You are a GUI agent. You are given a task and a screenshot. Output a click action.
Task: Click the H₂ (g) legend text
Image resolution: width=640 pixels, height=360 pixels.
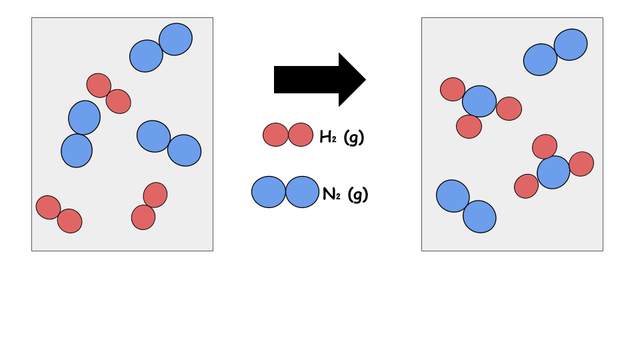click(342, 137)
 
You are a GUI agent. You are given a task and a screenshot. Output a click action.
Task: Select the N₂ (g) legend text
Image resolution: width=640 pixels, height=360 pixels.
click(345, 194)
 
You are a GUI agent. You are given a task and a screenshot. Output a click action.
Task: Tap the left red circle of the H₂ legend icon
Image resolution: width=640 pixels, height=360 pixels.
click(275, 135)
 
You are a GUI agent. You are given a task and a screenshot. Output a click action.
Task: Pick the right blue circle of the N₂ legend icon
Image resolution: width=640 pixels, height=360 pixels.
click(303, 192)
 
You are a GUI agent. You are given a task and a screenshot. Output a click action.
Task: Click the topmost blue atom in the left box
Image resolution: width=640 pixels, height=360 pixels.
click(176, 39)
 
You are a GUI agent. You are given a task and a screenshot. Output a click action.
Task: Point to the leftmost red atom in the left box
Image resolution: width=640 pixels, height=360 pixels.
click(48, 207)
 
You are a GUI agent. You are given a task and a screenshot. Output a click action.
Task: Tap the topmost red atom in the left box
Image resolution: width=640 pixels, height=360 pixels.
click(99, 85)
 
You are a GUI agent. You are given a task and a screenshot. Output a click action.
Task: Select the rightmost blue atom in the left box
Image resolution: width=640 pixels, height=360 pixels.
click(184, 150)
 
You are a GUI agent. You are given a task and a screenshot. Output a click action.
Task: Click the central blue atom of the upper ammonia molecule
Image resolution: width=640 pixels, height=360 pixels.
click(479, 101)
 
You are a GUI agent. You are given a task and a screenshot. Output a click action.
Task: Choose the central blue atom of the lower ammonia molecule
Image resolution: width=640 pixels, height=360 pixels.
click(553, 172)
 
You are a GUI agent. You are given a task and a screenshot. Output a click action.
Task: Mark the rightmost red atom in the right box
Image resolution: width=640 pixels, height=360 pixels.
click(581, 164)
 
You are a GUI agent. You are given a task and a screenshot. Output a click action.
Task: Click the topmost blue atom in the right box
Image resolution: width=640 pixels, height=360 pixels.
click(571, 44)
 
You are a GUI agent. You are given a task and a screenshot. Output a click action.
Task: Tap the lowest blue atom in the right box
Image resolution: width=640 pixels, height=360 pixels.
click(479, 217)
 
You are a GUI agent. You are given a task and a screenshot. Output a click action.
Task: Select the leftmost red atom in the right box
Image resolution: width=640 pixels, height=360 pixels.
click(453, 89)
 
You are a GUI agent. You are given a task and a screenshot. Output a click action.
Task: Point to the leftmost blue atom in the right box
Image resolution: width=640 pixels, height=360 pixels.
click(453, 196)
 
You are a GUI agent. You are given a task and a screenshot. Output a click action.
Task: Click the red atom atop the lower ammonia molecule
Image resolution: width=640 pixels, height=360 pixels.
click(545, 147)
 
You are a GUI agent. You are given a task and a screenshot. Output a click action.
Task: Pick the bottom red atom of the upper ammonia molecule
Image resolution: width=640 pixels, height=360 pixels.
click(469, 126)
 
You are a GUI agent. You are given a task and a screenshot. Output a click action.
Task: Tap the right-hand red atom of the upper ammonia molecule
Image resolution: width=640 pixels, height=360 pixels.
click(509, 109)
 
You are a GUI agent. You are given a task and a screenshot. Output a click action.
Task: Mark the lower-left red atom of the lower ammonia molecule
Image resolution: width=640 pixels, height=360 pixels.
click(526, 186)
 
